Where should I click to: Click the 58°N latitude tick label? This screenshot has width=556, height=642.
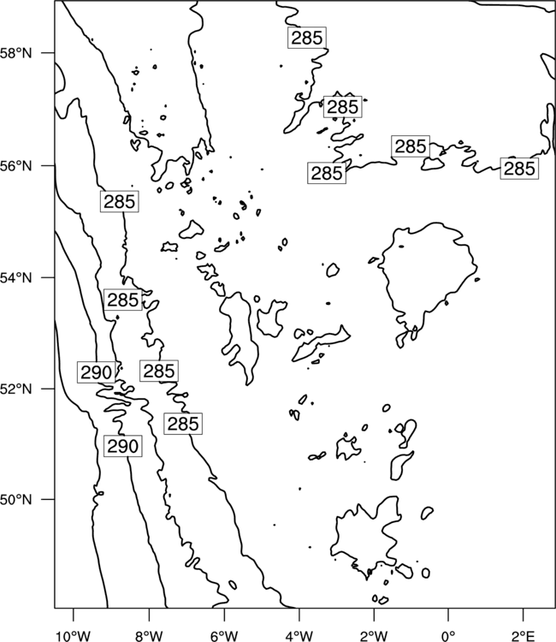click(16, 53)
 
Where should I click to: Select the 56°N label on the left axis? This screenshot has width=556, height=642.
click(16, 166)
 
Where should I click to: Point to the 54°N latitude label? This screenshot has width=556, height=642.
click(16, 277)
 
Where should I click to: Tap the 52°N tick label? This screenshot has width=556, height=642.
click(16, 389)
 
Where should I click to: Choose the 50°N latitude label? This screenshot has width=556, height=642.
click(16, 500)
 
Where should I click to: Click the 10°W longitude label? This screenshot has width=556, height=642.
click(74, 636)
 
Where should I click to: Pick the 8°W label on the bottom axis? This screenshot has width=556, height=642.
click(149, 636)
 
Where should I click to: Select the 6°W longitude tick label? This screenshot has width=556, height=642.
click(224, 636)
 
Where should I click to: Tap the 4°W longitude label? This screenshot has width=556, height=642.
click(299, 636)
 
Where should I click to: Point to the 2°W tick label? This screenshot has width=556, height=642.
click(374, 636)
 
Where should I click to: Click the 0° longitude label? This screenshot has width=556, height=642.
click(448, 636)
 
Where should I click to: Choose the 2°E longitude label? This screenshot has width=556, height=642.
click(523, 636)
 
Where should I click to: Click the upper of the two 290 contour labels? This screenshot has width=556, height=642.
click(96, 372)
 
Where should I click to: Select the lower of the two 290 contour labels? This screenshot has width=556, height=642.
click(123, 446)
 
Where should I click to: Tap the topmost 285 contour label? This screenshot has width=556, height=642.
click(307, 38)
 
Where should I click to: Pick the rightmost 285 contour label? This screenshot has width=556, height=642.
click(519, 169)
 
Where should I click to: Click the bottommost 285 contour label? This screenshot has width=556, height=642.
click(183, 424)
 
